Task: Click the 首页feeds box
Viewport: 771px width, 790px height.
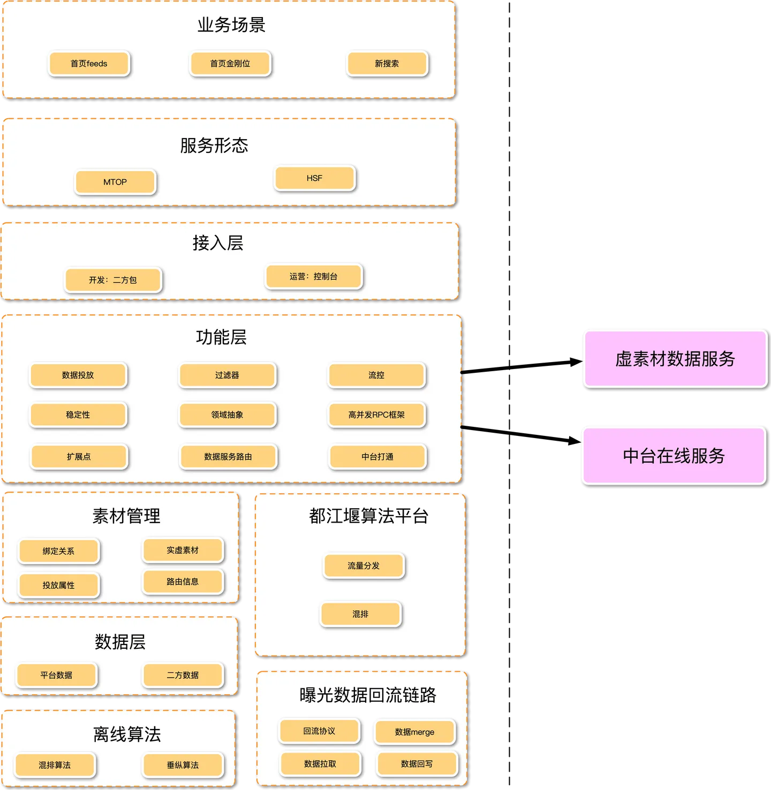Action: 89,64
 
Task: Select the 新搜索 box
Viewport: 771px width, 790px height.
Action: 387,64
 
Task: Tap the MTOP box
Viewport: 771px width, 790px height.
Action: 115,182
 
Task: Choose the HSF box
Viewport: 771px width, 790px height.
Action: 314,178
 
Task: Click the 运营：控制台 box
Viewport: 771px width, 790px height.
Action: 314,277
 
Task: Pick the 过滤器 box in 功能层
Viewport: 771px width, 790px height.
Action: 227,375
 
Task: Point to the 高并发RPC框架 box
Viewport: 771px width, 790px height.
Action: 376,415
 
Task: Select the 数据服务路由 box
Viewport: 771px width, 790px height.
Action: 228,457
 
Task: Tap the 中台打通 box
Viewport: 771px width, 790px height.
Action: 377,457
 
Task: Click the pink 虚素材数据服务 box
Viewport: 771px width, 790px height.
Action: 675,358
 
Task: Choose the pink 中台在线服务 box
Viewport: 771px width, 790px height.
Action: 674,456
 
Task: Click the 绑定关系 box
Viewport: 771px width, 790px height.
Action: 58,551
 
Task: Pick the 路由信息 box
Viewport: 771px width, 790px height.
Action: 183,581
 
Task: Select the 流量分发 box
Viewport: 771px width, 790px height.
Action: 364,565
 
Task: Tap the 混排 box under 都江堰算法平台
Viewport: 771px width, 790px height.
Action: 360,614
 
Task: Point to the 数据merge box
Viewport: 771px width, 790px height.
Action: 415,732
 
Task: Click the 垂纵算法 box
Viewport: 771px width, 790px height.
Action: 183,765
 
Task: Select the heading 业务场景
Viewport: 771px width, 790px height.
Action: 231,25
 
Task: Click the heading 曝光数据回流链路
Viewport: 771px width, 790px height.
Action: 368,695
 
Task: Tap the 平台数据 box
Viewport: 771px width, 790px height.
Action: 56,675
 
